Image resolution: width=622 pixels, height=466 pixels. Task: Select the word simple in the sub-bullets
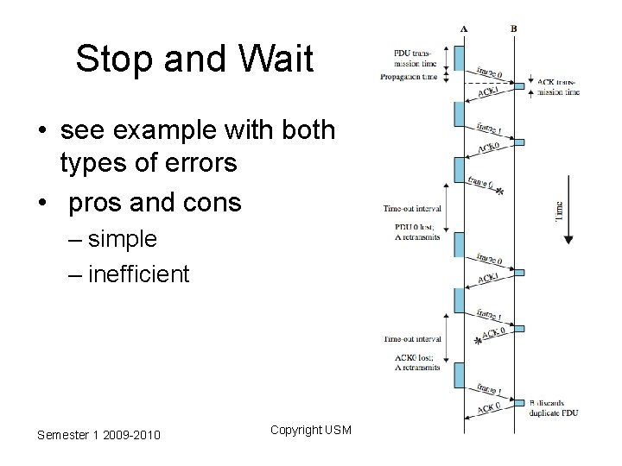[x=123, y=238]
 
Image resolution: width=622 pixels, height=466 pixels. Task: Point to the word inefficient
[x=138, y=274]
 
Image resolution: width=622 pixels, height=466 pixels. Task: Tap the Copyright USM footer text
[x=310, y=429]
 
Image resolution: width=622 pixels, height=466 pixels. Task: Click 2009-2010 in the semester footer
[x=129, y=435]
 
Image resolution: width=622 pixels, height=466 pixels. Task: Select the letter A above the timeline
[x=464, y=28]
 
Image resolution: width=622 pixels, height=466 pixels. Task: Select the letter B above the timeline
[x=514, y=28]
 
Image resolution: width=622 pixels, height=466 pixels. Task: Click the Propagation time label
[x=410, y=76]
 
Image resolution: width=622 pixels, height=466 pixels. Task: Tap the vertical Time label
[x=559, y=210]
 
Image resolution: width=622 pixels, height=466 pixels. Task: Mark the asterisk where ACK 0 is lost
[x=479, y=341]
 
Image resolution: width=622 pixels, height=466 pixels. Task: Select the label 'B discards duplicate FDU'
[x=554, y=406]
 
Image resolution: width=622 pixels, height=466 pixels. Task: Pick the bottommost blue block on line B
[x=518, y=401]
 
